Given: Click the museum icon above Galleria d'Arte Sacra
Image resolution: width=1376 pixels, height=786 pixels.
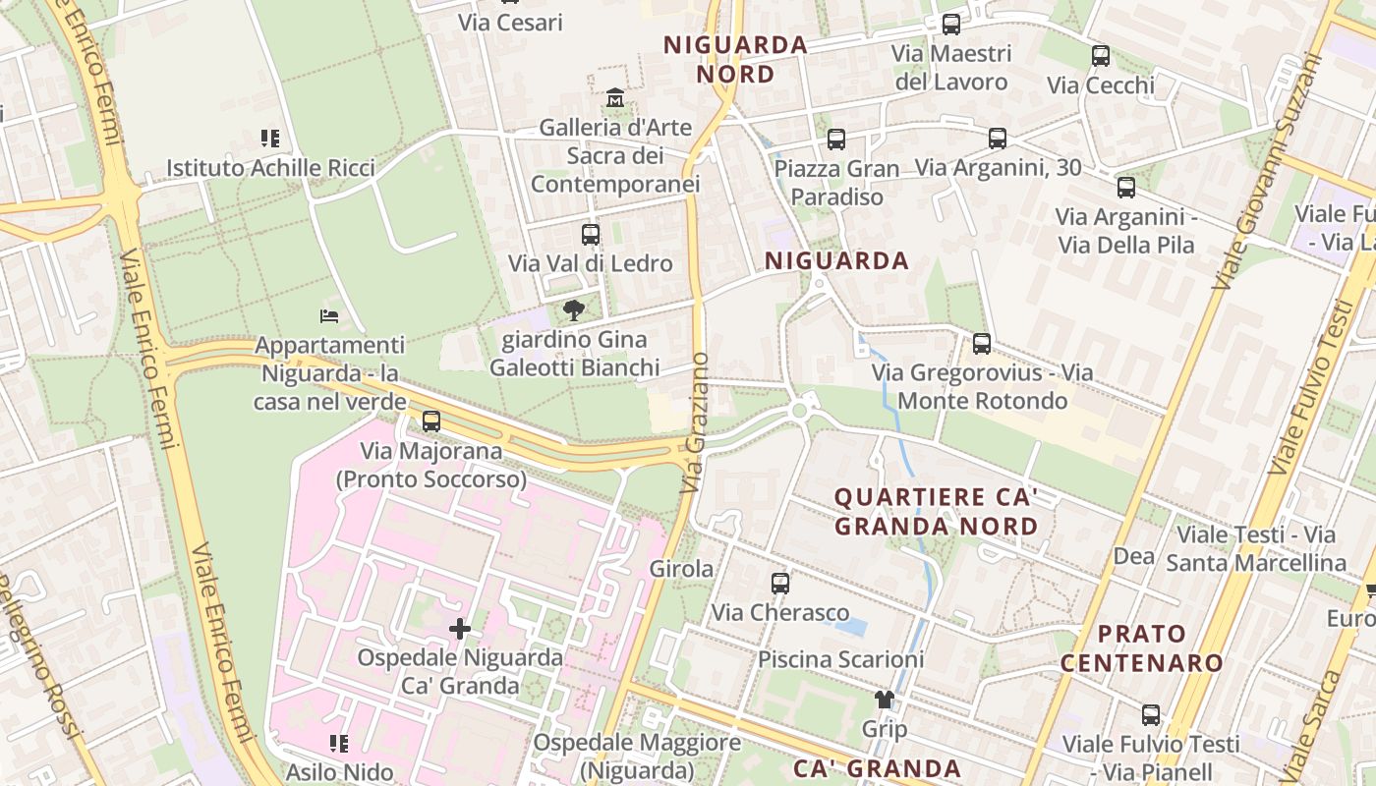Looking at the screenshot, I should [615, 98].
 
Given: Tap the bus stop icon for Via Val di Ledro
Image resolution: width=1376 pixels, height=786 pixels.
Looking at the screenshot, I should [591, 235].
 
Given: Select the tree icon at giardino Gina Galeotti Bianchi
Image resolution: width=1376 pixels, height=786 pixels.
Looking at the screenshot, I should [574, 311].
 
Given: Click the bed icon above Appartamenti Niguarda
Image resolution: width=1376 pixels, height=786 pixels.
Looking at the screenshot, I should [329, 316].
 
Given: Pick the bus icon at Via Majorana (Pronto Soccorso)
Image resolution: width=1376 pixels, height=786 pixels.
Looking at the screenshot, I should [430, 421].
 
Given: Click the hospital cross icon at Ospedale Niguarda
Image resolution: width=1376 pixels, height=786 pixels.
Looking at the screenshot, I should [459, 628].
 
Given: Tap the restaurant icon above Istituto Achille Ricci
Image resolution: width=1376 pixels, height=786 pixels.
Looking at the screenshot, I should [270, 139].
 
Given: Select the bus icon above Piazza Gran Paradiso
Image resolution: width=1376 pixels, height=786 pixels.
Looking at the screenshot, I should [836, 140].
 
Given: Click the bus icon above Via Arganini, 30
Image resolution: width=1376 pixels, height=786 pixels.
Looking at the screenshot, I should [998, 139].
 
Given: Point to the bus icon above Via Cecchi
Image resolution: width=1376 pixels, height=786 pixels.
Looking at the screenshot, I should [1101, 56].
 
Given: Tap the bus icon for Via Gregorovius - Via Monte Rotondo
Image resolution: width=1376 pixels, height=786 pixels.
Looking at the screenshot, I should [981, 344].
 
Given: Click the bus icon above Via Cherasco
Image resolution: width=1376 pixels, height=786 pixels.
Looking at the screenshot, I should [780, 583].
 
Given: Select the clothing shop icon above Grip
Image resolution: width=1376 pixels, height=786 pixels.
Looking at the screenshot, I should [885, 700].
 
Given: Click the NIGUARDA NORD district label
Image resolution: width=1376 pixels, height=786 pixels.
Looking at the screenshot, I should [735, 59].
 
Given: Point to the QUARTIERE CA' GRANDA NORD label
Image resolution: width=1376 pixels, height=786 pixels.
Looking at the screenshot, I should [936, 511].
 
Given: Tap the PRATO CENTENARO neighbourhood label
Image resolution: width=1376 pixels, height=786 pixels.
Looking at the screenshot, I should [1142, 647].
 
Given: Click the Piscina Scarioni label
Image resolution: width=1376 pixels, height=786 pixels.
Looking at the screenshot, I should [840, 658].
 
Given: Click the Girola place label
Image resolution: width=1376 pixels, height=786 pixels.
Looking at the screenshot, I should [681, 568].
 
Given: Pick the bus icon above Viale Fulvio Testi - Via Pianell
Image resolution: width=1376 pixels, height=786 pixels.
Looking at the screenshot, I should [1151, 714].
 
